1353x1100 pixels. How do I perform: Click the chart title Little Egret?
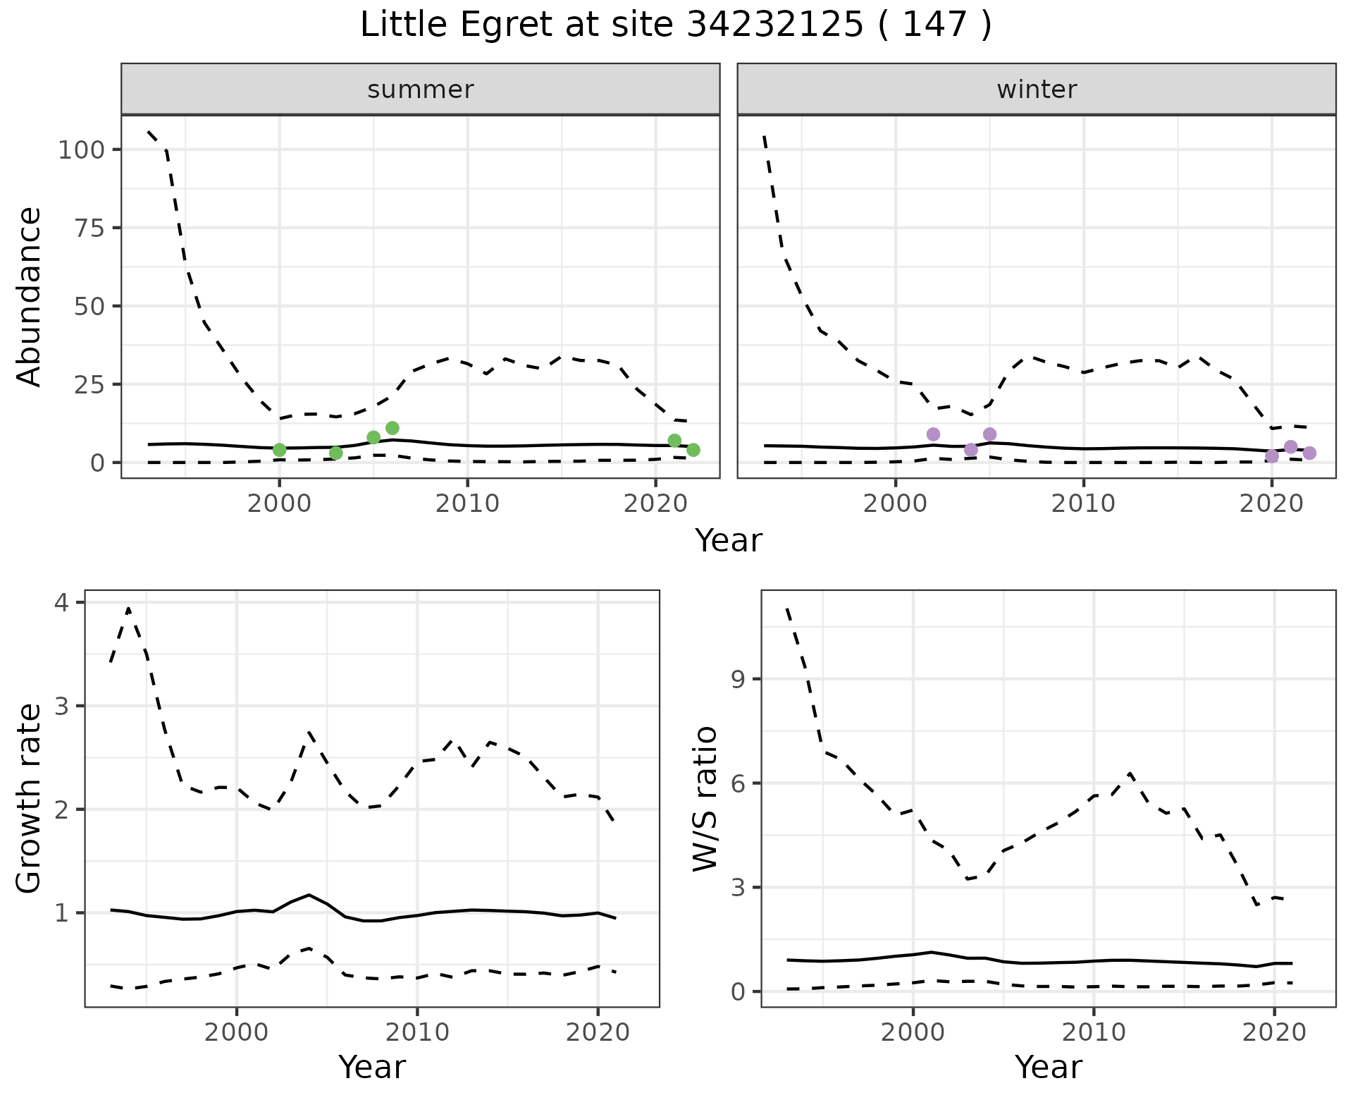click(675, 26)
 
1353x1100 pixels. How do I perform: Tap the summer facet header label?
click(421, 90)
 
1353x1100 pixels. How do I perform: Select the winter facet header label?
click(1037, 90)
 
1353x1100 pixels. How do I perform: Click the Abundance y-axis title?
click(30, 296)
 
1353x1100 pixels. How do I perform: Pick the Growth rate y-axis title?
click(30, 798)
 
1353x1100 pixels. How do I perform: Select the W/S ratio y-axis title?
click(705, 798)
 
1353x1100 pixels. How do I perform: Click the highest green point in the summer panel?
click(393, 428)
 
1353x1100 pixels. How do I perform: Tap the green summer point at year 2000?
click(279, 450)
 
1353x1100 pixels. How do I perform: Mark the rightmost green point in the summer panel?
click(693, 450)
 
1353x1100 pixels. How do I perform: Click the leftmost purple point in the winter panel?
click(933, 434)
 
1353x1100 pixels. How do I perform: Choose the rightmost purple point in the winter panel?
click(1309, 453)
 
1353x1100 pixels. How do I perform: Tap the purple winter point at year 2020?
click(1272, 456)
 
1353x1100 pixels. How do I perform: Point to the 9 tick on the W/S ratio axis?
click(738, 680)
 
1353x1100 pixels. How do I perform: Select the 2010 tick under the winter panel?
click(1083, 504)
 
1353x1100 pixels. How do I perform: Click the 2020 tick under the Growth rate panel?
click(598, 1033)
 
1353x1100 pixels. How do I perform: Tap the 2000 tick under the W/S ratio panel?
click(913, 1033)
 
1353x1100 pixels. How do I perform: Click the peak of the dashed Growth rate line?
click(128, 608)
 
